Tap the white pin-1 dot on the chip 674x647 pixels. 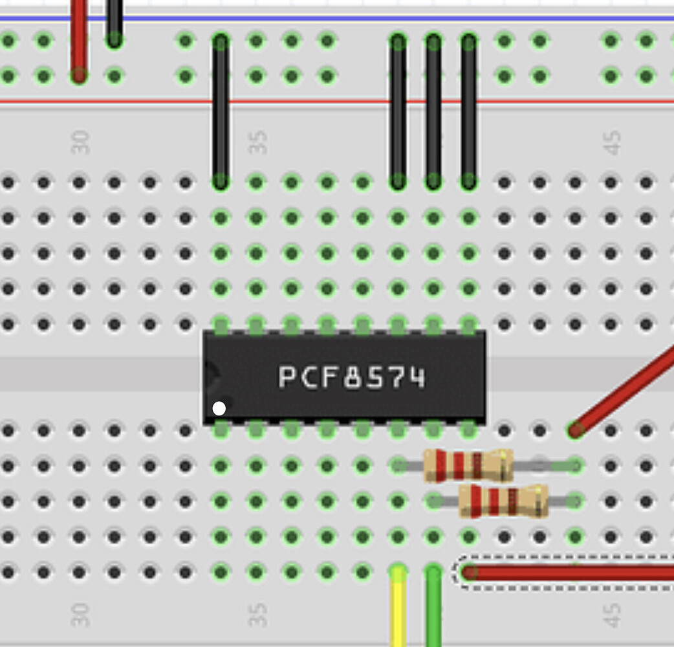[219, 408]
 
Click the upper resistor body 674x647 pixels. [468, 465]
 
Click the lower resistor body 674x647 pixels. [503, 501]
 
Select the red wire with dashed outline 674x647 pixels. [569, 572]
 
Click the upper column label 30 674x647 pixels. [80, 142]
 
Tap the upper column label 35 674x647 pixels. [257, 142]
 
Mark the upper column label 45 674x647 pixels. [611, 142]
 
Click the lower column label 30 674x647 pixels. [80, 615]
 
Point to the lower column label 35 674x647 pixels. [257, 615]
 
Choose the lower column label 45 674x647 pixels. [611, 615]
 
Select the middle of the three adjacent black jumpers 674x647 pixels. [433, 110]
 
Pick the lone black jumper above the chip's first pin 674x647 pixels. [221, 110]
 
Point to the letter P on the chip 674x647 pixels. [286, 377]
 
